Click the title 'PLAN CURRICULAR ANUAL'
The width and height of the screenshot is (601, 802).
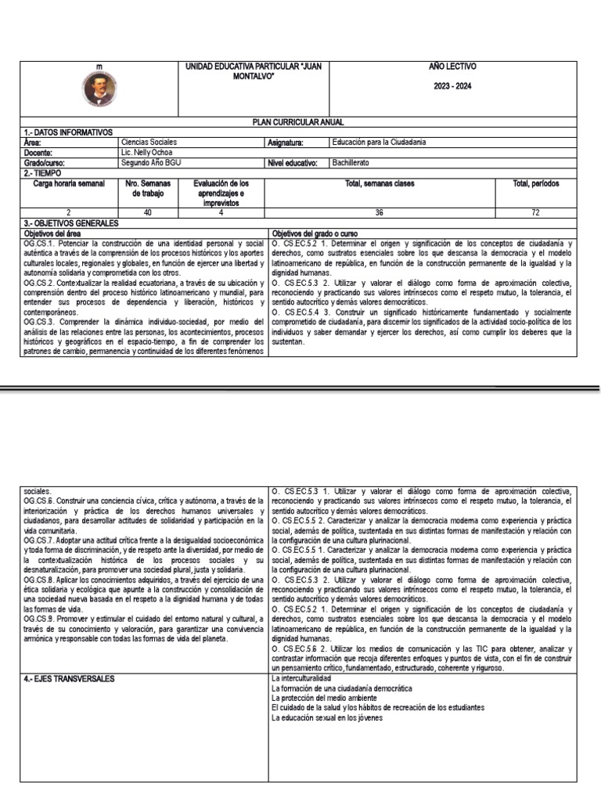point(298,122)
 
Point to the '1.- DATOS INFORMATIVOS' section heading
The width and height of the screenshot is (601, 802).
point(68,132)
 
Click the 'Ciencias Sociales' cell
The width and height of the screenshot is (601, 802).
point(149,143)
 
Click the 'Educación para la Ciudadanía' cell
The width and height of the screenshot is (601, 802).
point(379,143)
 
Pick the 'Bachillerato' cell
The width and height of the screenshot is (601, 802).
point(351,162)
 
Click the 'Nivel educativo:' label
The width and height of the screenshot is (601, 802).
point(293,162)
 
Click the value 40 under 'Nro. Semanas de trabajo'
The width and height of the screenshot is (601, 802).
point(148,212)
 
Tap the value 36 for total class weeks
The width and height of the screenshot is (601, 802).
point(380,212)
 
